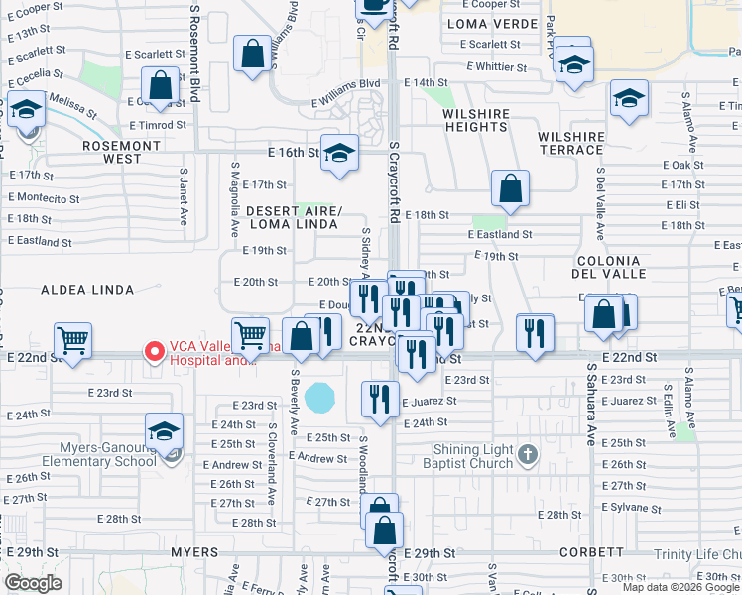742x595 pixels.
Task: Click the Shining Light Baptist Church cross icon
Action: point(528,455)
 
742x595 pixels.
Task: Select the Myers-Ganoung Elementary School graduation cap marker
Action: point(165,431)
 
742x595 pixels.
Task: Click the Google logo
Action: point(33,583)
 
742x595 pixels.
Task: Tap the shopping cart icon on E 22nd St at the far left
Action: point(73,341)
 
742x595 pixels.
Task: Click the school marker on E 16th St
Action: point(339,154)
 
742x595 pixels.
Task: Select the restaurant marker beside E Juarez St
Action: point(380,399)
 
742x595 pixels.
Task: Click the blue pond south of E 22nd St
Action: point(319,399)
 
